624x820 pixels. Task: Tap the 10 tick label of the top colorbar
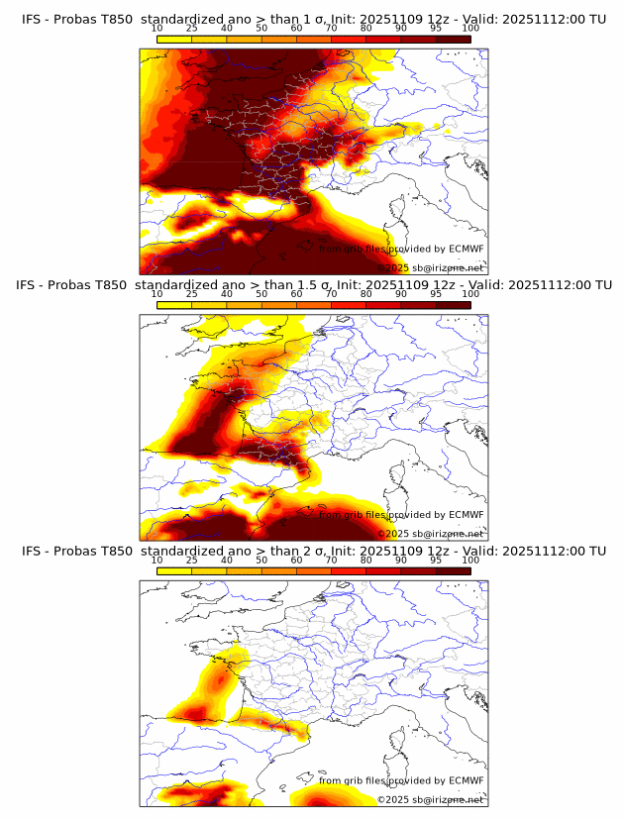(x=157, y=29)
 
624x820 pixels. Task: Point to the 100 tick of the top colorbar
(x=470, y=29)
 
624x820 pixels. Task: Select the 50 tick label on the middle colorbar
(x=261, y=294)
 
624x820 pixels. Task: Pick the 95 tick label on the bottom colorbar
(x=436, y=561)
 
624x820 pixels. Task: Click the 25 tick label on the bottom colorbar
(x=192, y=561)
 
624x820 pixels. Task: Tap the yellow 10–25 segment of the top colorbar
(x=174, y=39)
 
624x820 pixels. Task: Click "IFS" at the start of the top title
(x=32, y=19)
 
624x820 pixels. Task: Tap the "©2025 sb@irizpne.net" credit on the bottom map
(x=431, y=799)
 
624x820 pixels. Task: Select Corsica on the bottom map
(x=399, y=742)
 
